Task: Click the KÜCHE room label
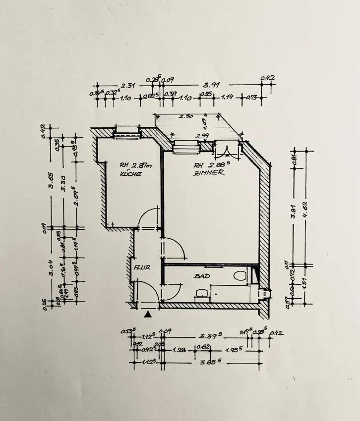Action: [131, 174]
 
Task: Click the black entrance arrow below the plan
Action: [147, 314]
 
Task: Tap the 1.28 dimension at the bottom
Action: [180, 350]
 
